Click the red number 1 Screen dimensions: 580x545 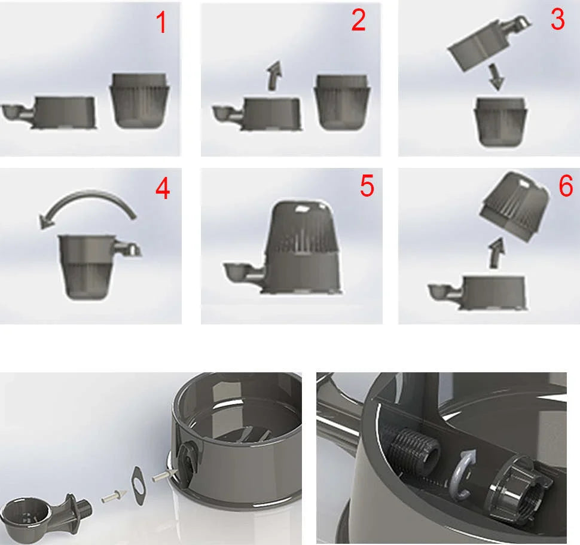pos(161,22)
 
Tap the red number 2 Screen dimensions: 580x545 pos(358,20)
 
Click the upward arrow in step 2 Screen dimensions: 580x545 pos(274,75)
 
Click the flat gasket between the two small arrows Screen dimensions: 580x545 pos(139,482)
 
